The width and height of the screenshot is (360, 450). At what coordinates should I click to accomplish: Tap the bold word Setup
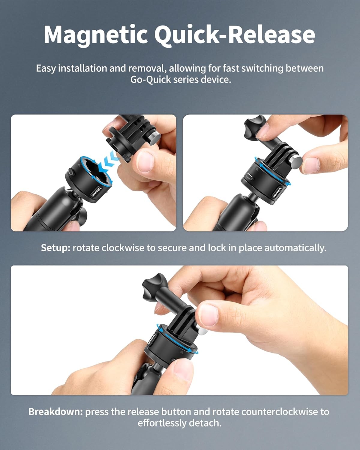pyautogui.click(x=55, y=248)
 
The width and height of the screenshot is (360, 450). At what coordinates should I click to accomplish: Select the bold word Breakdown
pyautogui.click(x=55, y=412)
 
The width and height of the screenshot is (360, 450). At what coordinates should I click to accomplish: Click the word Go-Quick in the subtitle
pyautogui.click(x=151, y=80)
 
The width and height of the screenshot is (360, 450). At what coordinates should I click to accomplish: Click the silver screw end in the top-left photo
pyautogui.click(x=155, y=137)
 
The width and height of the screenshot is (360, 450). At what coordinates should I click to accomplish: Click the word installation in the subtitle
pyautogui.click(x=83, y=69)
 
